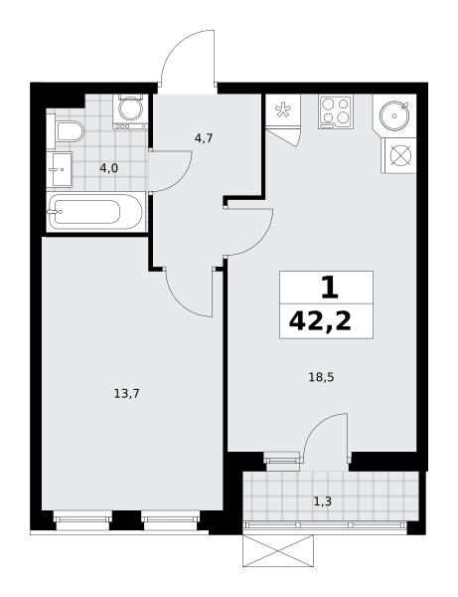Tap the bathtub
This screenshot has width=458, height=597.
[96, 212]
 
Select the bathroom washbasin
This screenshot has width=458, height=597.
[60, 169]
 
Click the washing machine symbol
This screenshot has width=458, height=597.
[130, 110]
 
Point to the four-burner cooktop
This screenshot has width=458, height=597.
[336, 111]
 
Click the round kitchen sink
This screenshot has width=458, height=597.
[394, 115]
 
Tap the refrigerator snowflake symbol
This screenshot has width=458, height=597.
[283, 110]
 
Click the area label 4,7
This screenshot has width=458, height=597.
[204, 138]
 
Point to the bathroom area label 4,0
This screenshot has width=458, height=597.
[108, 168]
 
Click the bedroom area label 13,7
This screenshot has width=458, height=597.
[126, 393]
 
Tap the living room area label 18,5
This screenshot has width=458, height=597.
[321, 377]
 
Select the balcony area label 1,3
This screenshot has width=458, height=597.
[322, 501]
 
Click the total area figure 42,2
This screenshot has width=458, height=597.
[320, 321]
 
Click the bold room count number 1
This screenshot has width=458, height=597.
[329, 288]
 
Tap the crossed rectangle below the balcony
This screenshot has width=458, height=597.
[278, 551]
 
